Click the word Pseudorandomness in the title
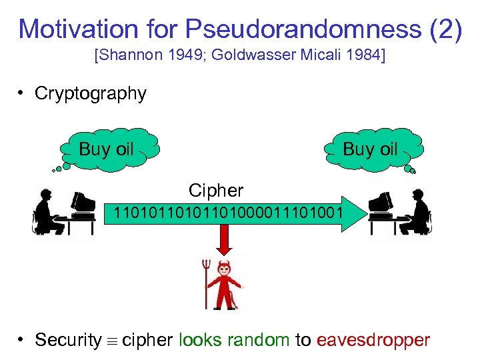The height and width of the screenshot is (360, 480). pyautogui.click(x=303, y=29)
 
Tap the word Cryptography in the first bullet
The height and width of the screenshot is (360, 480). pyautogui.click(x=91, y=93)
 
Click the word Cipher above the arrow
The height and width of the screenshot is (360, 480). pyautogui.click(x=216, y=191)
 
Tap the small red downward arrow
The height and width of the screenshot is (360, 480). pyautogui.click(x=225, y=244)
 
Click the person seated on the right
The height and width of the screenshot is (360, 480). pyautogui.click(x=417, y=210)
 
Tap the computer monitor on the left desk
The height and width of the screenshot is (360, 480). pyautogui.click(x=83, y=203)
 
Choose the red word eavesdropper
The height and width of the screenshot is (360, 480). pyautogui.click(x=373, y=340)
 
